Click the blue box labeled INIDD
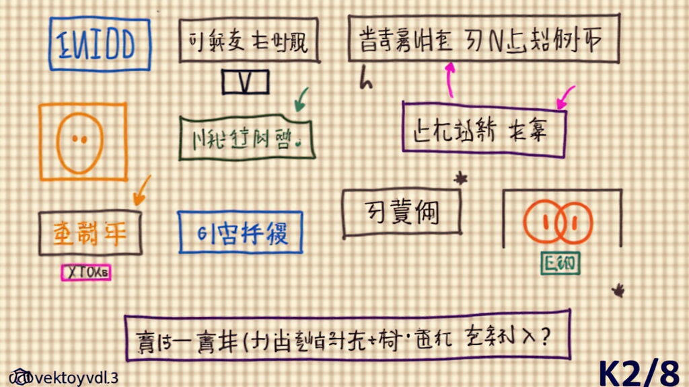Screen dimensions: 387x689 pyautogui.click(x=100, y=44)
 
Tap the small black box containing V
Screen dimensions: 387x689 pyautogui.click(x=246, y=82)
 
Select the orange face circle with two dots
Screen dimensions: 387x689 pyautogui.click(x=79, y=140)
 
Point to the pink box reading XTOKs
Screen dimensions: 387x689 pyautogui.click(x=86, y=272)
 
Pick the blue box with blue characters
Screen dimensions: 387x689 pyautogui.click(x=240, y=232)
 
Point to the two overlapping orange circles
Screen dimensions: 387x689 pyautogui.click(x=558, y=221)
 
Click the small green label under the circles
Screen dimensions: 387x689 pyautogui.click(x=560, y=263)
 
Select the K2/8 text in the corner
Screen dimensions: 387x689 pyautogui.click(x=639, y=372)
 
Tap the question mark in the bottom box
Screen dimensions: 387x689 pyautogui.click(x=544, y=334)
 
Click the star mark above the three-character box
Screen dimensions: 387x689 pyautogui.click(x=461, y=178)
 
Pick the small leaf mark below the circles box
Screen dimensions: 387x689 pyautogui.click(x=618, y=290)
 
